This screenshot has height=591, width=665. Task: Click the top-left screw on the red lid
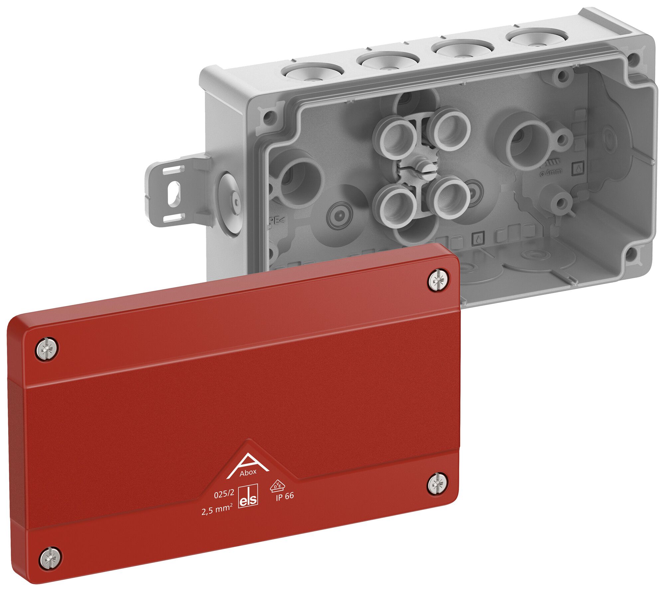coord(48,349)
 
